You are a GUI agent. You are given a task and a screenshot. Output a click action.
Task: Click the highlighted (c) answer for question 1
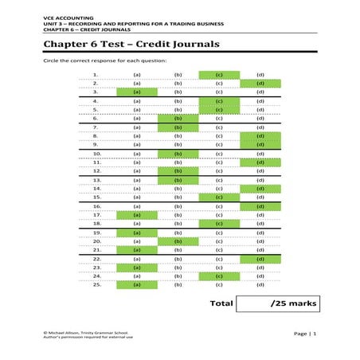[218, 75]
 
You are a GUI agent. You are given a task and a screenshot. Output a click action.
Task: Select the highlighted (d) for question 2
[260, 83]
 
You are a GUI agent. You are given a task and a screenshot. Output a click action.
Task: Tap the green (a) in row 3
[136, 92]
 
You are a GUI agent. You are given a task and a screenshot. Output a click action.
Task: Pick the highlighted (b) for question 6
[178, 118]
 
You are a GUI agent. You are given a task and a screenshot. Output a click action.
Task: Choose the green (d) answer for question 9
[260, 144]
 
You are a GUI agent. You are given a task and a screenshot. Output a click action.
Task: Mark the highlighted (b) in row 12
[178, 170]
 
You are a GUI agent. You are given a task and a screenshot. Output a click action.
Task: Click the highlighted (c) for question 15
[218, 197]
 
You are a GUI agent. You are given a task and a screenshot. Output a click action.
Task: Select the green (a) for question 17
[136, 214]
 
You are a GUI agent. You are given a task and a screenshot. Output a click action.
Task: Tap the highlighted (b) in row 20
[178, 241]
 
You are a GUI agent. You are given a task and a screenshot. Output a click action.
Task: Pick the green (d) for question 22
[260, 259]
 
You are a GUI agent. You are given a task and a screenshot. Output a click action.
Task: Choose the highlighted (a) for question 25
[136, 284]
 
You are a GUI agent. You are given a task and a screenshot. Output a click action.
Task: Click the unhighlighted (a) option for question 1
[136, 75]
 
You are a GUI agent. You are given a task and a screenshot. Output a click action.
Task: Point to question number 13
[96, 180]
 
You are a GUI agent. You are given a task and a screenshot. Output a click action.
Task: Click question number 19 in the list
[96, 233]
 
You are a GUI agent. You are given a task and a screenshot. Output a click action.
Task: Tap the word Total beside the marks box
[221, 303]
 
